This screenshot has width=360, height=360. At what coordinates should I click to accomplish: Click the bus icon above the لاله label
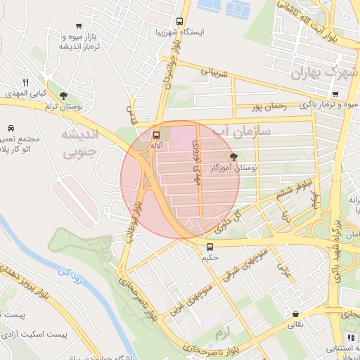[x=156, y=134]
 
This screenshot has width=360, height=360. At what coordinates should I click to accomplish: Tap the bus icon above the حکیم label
[x=210, y=247]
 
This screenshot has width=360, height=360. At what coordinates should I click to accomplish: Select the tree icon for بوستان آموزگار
[x=233, y=157]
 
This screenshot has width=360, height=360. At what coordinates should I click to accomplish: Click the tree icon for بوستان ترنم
[x=64, y=95]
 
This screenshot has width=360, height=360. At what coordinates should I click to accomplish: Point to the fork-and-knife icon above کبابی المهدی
[x=26, y=82]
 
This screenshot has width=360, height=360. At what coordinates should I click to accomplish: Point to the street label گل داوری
[x=232, y=221]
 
